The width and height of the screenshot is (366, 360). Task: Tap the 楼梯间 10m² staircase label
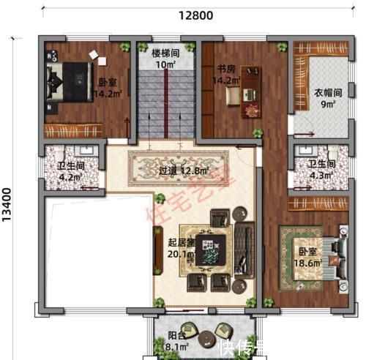[x=165, y=59]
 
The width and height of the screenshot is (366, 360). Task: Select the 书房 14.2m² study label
[x=226, y=75]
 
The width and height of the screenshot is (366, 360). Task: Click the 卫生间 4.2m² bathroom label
[x=71, y=170]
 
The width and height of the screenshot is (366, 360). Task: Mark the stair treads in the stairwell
[x=165, y=102]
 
